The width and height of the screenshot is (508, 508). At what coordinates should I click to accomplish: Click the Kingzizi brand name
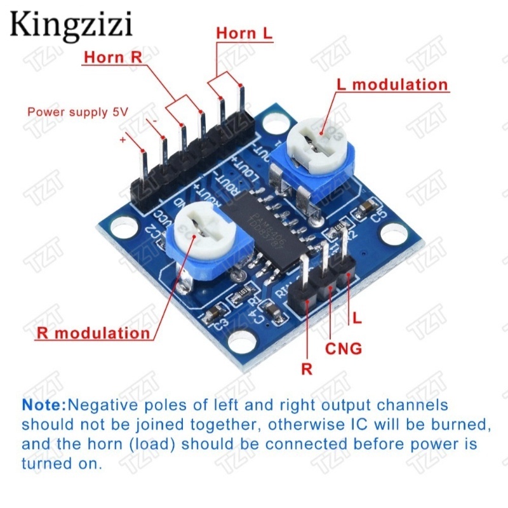pos(71,25)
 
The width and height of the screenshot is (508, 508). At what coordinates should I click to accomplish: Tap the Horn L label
pos(244,33)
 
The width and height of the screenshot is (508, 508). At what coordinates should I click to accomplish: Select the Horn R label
pos(113,57)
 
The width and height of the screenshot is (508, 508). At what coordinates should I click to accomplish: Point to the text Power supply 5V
pos(77,112)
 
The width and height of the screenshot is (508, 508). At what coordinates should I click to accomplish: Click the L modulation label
pos(392,85)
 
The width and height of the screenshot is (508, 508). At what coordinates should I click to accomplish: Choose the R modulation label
pos(94,333)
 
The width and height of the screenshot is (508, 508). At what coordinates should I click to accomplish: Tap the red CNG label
pos(344,349)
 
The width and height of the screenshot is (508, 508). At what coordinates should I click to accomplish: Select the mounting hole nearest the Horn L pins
pos(274,123)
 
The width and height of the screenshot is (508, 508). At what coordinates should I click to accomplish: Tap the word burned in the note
pos(450,424)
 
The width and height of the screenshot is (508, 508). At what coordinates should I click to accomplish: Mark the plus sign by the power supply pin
pos(123,139)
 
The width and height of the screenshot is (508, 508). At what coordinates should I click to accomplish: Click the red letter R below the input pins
pos(307,370)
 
